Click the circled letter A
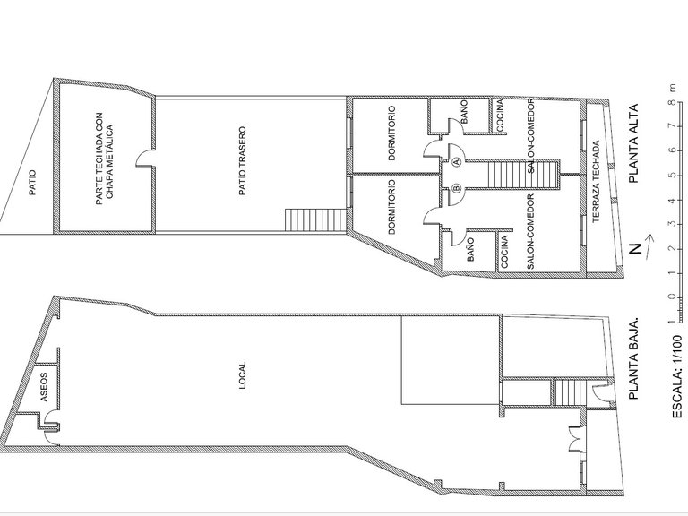[x=456, y=162]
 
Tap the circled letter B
[x=456, y=189]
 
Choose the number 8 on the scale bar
[x=674, y=103]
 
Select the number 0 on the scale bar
[x=674, y=297]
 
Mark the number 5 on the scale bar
[x=674, y=176]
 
